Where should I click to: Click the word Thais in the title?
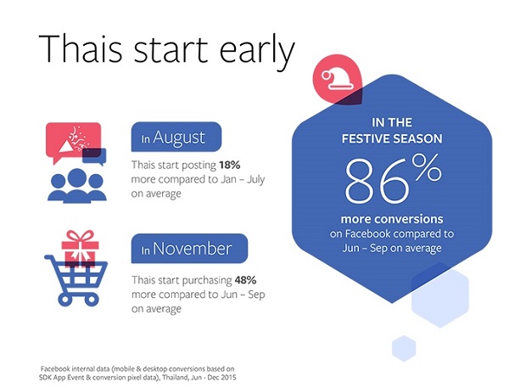(81, 48)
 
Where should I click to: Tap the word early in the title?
(257, 52)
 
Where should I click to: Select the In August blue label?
(176, 137)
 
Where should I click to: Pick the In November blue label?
(189, 249)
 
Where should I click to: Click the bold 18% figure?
(230, 165)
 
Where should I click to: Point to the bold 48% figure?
(245, 280)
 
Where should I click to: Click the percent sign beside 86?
(427, 168)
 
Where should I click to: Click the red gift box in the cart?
(81, 248)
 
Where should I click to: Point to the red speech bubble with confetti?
(73, 142)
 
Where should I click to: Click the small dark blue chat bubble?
(94, 156)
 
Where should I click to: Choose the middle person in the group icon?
(77, 185)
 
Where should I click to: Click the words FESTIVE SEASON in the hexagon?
(392, 138)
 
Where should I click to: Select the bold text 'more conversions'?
(392, 219)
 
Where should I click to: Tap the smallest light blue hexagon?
(404, 348)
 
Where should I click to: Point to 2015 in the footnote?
(230, 378)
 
